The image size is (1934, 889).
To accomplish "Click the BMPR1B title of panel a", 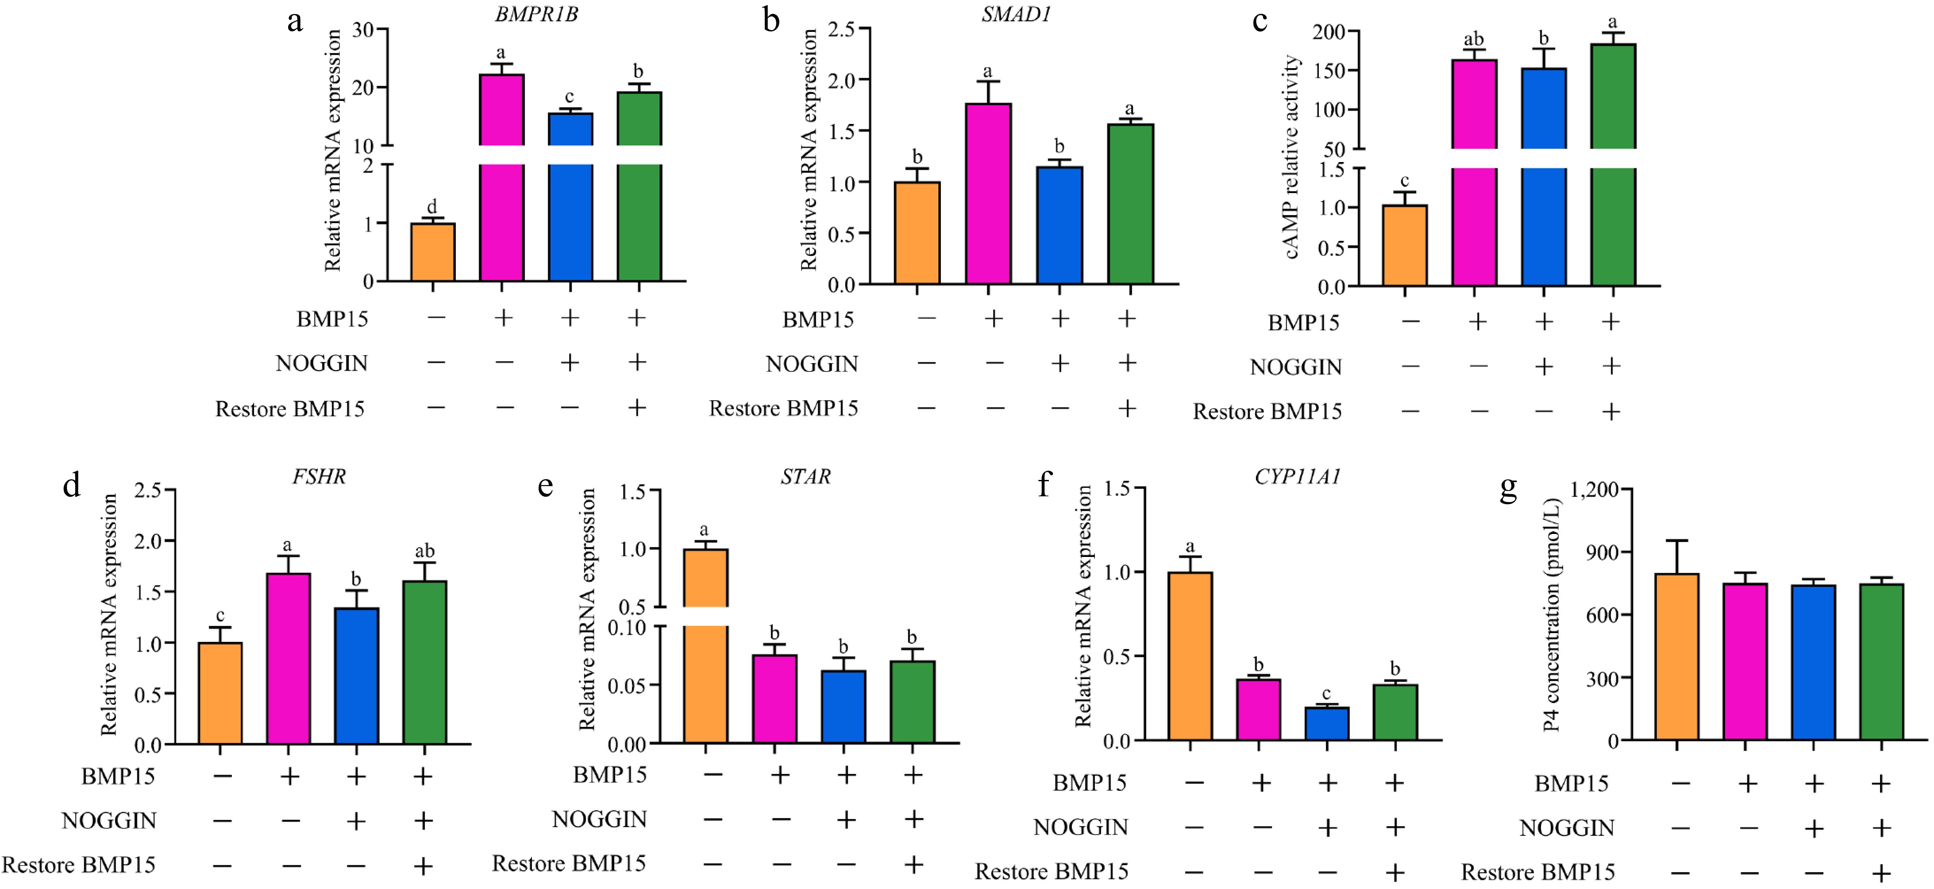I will pyautogui.click(x=536, y=14).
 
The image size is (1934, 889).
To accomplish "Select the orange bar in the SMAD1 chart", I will pyautogui.click(x=917, y=233).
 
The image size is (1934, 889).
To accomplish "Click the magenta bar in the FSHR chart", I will pyautogui.click(x=288, y=658).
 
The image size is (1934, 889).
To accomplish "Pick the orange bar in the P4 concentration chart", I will pyautogui.click(x=1676, y=657).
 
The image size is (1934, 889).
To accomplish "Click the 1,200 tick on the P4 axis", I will pyautogui.click(x=1594, y=490).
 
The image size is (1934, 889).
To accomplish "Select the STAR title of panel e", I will pyautogui.click(x=805, y=477).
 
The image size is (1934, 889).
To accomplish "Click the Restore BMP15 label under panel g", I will pyautogui.click(x=1537, y=873).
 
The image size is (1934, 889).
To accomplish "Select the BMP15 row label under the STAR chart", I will pyautogui.click(x=610, y=775).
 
